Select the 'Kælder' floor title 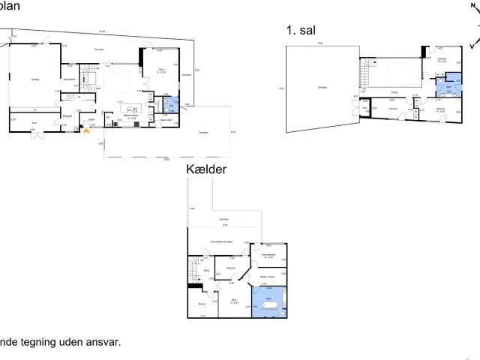click(x=208, y=171)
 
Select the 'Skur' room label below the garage click(x=34, y=121)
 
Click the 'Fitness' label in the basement click(x=232, y=267)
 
